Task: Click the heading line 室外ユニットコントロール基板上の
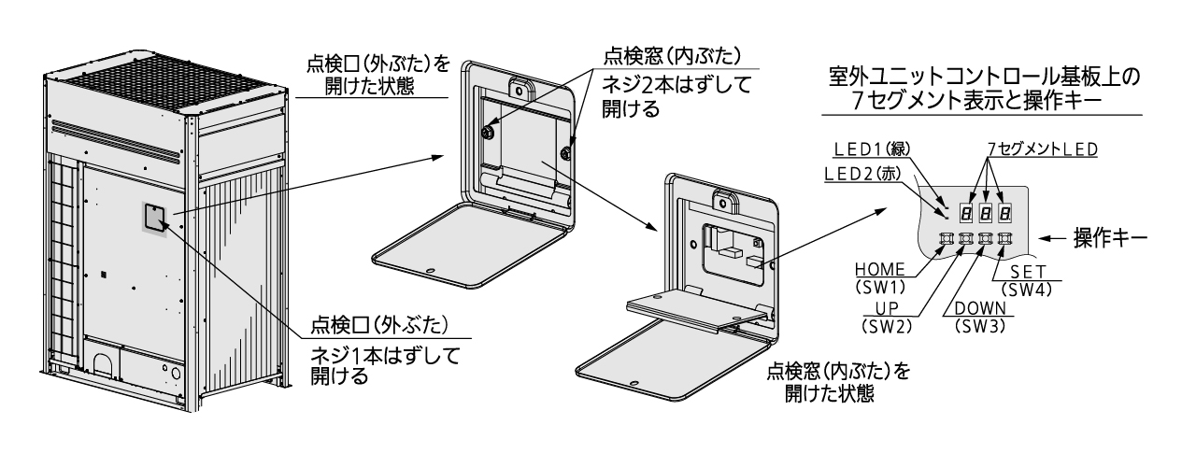pyautogui.click(x=981, y=78)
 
